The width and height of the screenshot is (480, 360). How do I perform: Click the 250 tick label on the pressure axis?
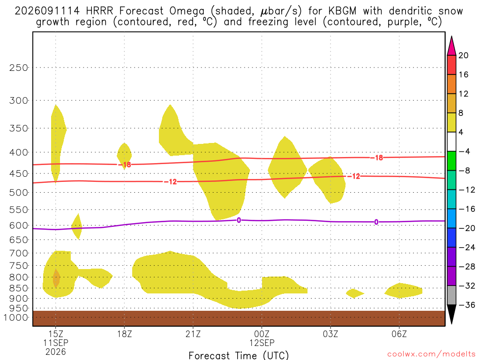tap(18, 67)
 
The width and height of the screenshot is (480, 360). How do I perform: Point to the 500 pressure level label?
tap(18, 193)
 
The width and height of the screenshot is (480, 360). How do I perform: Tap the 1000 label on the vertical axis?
tap(15, 317)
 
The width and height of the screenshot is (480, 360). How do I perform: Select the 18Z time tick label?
tap(124, 334)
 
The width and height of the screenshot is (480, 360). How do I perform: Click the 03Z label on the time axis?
tap(330, 334)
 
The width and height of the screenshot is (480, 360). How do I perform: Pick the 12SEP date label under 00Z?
tap(262, 343)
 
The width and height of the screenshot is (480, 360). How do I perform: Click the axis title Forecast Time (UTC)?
tap(239, 355)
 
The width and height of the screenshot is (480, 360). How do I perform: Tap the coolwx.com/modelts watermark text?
tap(431, 354)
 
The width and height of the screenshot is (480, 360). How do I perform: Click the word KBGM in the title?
tap(342, 11)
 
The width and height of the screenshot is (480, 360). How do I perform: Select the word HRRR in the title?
tap(100, 11)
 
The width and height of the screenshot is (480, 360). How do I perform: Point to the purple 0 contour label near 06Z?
tap(376, 222)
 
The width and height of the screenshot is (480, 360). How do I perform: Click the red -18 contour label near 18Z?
tap(125, 165)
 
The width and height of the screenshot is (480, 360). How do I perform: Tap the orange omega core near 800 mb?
tap(56, 278)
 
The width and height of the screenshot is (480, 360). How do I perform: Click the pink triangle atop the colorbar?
tap(451, 45)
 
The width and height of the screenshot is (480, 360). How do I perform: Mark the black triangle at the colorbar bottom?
tap(451, 314)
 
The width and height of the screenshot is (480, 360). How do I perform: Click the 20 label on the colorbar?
tap(464, 55)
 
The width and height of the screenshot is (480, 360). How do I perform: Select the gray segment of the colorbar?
tap(451, 295)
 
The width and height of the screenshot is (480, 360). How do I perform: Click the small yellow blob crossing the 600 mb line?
tap(77, 226)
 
